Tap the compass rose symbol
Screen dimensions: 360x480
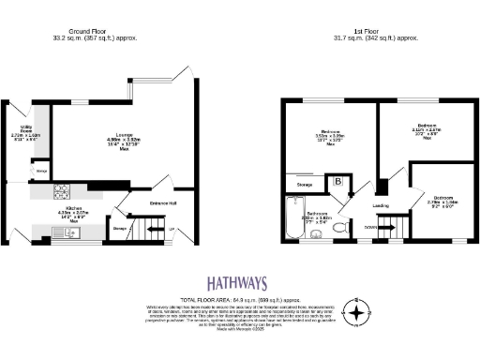click(357, 311)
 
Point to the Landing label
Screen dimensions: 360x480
click(381, 205)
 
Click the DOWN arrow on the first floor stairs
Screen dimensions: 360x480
click(372, 226)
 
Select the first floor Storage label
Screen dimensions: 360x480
click(303, 186)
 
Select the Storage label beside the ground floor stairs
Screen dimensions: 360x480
click(120, 227)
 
